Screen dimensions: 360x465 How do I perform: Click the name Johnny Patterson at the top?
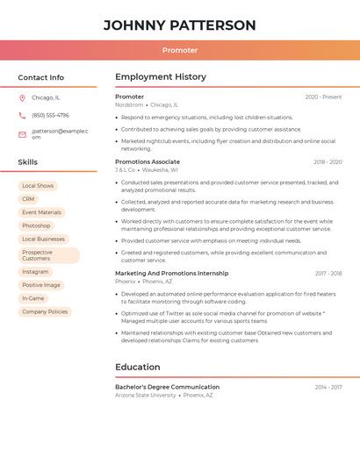coord(179,25)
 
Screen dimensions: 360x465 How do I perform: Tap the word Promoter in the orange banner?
coord(179,50)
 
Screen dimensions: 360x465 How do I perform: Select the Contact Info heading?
coord(41,77)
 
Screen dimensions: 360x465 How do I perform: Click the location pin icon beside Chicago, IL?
coord(22,98)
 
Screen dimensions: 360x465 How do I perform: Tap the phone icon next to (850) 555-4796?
coord(22,116)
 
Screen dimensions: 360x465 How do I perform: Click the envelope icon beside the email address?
coord(22,134)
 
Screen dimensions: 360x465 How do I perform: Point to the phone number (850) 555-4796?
coord(50,116)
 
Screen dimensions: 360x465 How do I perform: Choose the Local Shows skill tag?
coord(38,186)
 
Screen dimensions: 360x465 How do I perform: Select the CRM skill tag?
coord(28,199)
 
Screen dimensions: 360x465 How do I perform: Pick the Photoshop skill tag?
coord(36,225)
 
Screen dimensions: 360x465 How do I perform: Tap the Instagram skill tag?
coord(35,272)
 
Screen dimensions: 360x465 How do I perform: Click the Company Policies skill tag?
coord(44,311)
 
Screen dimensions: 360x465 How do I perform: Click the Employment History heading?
coord(161,77)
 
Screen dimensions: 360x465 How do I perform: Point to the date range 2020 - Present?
coord(323,97)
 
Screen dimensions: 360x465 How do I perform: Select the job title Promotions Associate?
coord(147,162)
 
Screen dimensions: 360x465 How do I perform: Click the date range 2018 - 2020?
coord(328,162)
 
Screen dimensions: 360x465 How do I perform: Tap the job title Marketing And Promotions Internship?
coord(171,274)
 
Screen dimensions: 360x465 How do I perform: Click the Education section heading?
coord(138,367)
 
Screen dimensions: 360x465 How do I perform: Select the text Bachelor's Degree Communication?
coord(167,387)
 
